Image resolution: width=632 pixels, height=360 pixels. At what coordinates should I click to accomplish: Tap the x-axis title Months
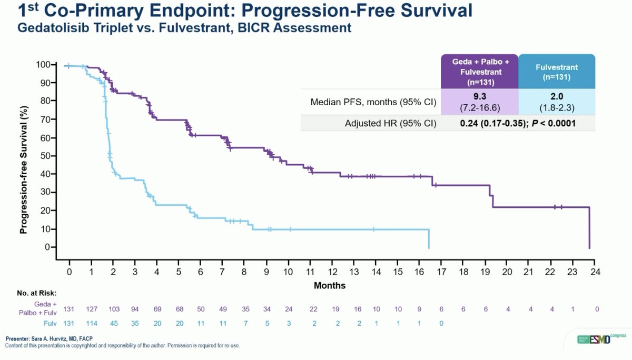(x=330, y=285)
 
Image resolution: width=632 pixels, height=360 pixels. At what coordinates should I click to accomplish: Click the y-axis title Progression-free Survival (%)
(x=23, y=156)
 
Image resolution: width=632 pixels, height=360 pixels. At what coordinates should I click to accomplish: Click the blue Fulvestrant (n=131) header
(x=557, y=72)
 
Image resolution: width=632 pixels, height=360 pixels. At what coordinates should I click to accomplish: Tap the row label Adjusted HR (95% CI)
(x=391, y=123)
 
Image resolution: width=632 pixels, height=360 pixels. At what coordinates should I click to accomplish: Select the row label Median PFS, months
(x=372, y=102)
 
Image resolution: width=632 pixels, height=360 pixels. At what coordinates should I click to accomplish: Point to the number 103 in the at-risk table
(x=114, y=309)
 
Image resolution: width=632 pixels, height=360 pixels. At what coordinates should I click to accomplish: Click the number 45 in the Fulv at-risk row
(x=114, y=324)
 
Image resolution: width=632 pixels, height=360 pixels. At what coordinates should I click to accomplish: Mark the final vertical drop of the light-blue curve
(x=429, y=238)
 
